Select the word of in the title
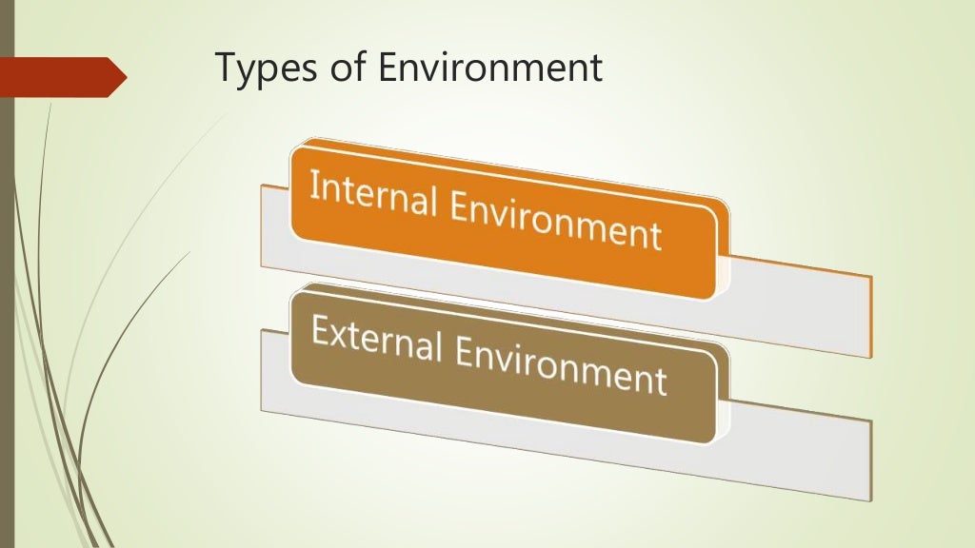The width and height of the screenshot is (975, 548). (341, 68)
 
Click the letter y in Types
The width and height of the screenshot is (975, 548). (247, 74)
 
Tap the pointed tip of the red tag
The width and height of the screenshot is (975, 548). (124, 77)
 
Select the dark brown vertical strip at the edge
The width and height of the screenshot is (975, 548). (7, 285)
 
